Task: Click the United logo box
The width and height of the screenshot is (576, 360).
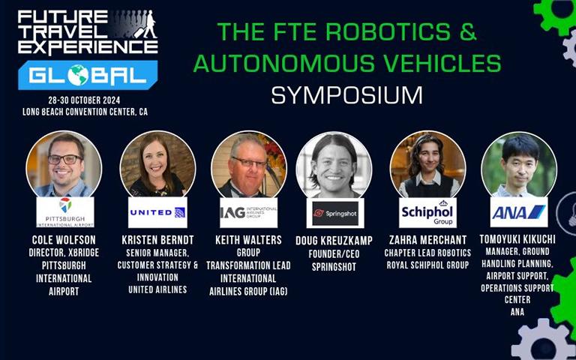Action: coord(157,212)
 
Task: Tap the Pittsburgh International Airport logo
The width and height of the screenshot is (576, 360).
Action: coord(65,212)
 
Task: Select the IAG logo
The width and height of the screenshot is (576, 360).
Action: coord(249,212)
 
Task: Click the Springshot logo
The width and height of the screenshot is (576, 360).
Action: coord(335,214)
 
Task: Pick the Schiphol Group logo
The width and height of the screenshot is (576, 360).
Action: coord(427,213)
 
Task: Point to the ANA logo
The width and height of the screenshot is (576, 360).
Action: coord(519,212)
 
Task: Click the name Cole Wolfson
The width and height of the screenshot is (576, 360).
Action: coord(64,240)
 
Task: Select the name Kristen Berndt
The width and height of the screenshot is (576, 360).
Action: coord(157,240)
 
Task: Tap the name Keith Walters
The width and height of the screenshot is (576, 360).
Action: coord(249,240)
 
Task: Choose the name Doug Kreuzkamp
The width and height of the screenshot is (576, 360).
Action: coord(334,241)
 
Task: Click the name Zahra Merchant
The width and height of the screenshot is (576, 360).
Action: coord(427,240)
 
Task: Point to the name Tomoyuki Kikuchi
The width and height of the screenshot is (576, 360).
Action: coord(517,239)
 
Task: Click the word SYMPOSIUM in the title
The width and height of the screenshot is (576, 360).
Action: coord(347,95)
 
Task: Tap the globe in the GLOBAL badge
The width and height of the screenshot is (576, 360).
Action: coord(78,75)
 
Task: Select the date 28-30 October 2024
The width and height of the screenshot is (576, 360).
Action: coord(84,100)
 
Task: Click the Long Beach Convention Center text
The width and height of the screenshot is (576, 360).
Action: coord(85,112)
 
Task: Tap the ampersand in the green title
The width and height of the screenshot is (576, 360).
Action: coord(468,31)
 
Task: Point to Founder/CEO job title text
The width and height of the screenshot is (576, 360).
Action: coord(334,254)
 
